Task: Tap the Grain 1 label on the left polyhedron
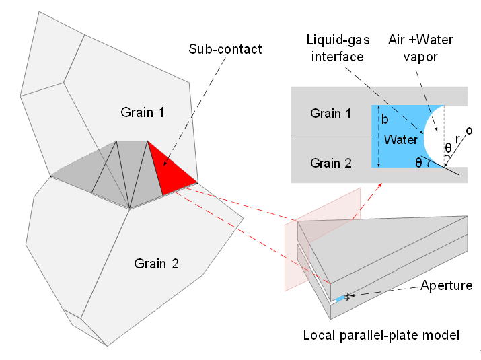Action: click(142, 111)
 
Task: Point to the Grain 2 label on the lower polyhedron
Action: click(156, 263)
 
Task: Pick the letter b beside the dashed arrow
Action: click(385, 120)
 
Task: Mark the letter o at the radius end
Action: click(468, 130)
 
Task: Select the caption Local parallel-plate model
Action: click(381, 334)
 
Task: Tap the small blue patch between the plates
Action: click(340, 298)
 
